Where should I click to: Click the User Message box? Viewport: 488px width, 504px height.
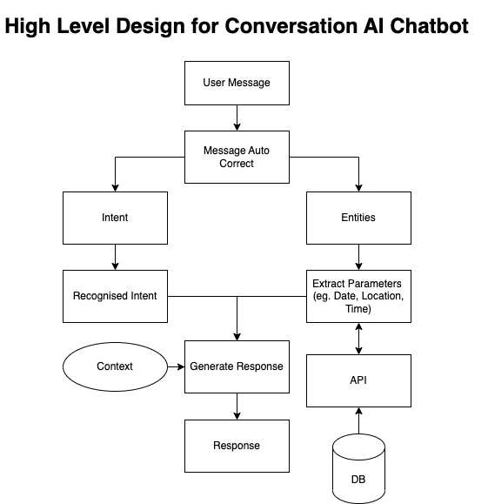(237, 83)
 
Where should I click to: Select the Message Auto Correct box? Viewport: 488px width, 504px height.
(237, 157)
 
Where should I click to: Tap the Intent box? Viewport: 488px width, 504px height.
(115, 218)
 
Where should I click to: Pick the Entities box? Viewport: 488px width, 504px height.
(358, 218)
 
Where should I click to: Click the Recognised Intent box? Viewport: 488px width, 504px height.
(115, 296)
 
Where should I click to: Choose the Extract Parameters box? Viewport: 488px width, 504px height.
(358, 296)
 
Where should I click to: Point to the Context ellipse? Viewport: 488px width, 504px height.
(115, 366)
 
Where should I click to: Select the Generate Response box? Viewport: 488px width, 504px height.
(237, 366)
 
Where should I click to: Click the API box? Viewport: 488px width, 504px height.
(358, 380)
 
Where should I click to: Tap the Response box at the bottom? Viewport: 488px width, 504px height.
(237, 446)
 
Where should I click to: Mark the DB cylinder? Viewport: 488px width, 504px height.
(358, 470)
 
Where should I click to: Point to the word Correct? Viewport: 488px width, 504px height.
(237, 163)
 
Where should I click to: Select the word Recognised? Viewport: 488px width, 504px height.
(100, 296)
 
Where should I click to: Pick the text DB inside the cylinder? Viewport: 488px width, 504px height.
(358, 480)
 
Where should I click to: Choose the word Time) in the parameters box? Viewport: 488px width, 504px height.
(358, 308)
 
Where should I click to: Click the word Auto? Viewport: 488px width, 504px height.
(258, 151)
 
